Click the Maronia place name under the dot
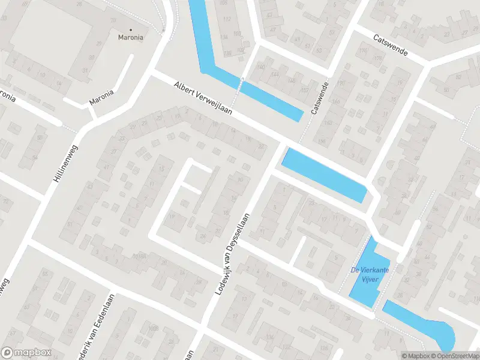coord(130,37)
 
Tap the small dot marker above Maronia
coord(130,29)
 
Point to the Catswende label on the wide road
coord(390,44)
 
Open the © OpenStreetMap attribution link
coord(454,356)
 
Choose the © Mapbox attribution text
coord(416,356)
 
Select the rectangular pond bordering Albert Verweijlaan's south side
coord(324,174)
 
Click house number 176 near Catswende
coord(379,59)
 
